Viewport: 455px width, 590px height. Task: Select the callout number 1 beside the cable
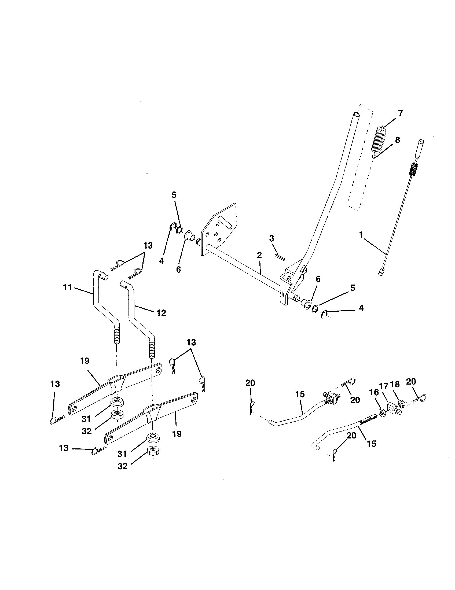coord(361,235)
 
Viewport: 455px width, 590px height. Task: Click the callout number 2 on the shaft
coord(259,255)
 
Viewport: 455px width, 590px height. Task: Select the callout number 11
coord(67,287)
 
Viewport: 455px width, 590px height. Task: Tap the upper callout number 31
coord(86,419)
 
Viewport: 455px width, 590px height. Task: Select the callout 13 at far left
coord(55,384)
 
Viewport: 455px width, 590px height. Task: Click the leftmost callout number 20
coord(250,383)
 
